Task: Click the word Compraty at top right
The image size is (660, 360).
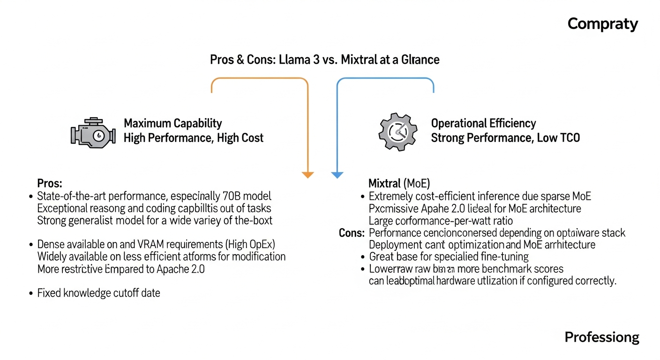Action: pyautogui.click(x=602, y=24)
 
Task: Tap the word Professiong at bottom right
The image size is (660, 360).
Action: pyautogui.click(x=601, y=337)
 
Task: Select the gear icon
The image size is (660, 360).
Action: pyautogui.click(x=397, y=132)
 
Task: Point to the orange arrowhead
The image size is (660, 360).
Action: pyautogui.click(x=307, y=175)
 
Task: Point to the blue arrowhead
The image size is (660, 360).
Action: pyautogui.click(x=337, y=175)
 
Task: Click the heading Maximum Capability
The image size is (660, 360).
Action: pyautogui.click(x=172, y=123)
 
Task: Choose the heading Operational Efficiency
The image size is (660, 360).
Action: pyautogui.click(x=483, y=123)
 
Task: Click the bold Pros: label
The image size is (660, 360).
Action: pyautogui.click(x=50, y=183)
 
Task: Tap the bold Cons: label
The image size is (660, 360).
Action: pyautogui.click(x=352, y=232)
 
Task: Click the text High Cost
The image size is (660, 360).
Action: pyautogui.click(x=240, y=138)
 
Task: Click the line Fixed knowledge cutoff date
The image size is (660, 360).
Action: pyautogui.click(x=98, y=293)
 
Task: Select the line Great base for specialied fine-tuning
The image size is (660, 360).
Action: pyautogui.click(x=449, y=257)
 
